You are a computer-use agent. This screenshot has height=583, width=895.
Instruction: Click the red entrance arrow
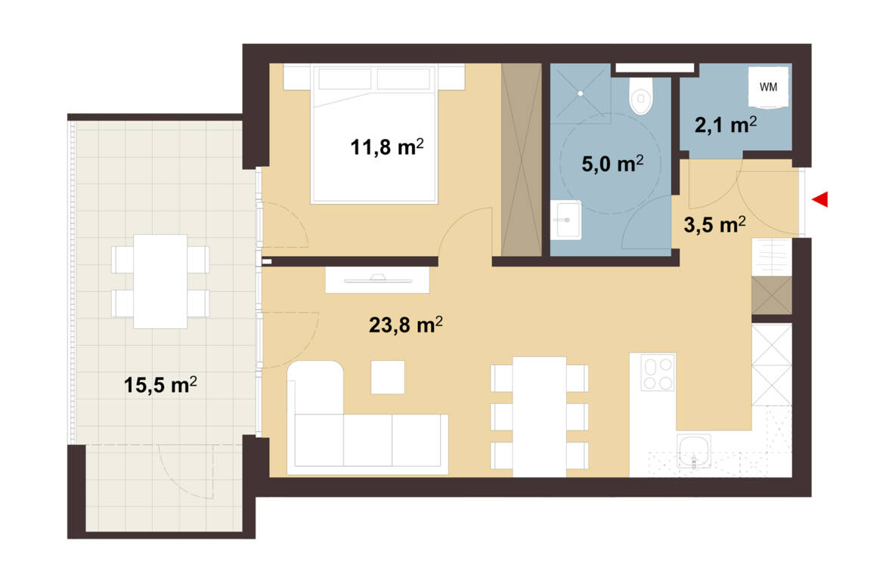[821, 199]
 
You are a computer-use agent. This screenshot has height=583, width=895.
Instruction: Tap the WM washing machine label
[768, 88]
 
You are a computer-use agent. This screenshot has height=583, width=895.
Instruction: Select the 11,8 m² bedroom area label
[387, 147]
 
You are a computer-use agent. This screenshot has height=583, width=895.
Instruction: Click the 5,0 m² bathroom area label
[612, 164]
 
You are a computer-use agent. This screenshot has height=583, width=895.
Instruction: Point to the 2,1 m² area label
[726, 125]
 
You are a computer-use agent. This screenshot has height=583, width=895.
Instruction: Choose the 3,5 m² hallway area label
[714, 224]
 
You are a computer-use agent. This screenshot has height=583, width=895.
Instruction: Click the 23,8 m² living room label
[406, 325]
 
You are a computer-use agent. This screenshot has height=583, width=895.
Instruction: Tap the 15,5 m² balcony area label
[160, 384]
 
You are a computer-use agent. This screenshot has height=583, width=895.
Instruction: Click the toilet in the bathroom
[641, 96]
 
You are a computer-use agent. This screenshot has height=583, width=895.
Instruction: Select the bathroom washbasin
[565, 220]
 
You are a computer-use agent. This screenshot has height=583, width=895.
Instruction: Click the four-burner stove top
[658, 372]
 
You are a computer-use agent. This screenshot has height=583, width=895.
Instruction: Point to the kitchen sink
[694, 452]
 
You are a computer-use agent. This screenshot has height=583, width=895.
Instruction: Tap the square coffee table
[388, 377]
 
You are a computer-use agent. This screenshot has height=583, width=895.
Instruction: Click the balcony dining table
[160, 281]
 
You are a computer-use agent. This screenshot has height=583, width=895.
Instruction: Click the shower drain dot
[581, 93]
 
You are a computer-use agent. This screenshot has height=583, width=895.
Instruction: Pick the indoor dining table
[540, 417]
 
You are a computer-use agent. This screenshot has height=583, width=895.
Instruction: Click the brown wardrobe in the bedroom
[521, 160]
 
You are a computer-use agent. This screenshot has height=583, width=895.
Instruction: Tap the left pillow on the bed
[345, 79]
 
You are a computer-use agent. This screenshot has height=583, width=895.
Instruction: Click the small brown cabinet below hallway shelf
[772, 295]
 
